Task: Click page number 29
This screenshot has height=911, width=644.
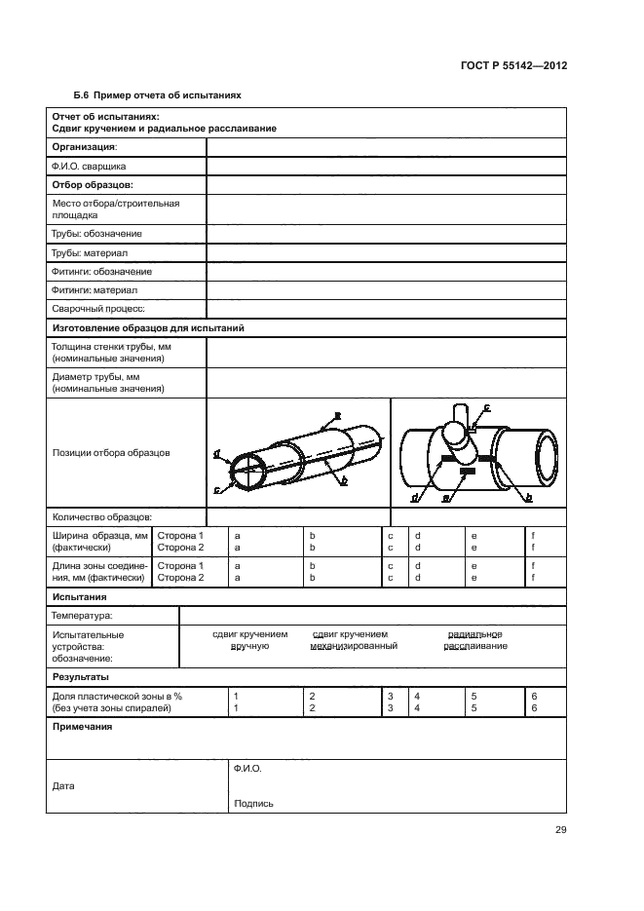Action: click(560, 830)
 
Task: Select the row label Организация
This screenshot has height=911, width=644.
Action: click(83, 146)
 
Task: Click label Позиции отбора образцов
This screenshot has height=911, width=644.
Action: click(110, 453)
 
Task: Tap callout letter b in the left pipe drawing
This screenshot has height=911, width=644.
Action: click(343, 480)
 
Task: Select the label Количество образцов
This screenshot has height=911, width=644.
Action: click(101, 517)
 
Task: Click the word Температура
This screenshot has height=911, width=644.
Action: click(81, 616)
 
